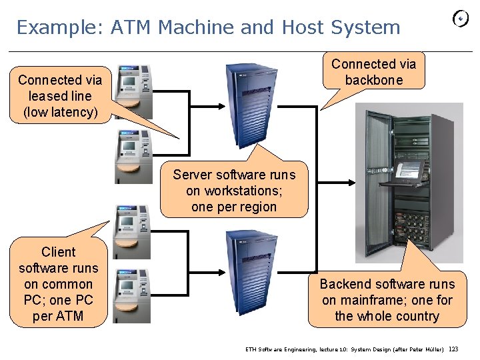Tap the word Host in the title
(303, 27)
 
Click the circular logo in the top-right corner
(461, 19)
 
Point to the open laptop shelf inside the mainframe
(404, 171)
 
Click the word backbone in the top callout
(373, 80)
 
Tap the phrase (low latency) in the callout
(60, 112)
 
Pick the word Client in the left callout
(59, 252)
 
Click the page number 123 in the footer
(454, 349)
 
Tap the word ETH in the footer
(251, 349)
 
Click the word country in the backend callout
(415, 316)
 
